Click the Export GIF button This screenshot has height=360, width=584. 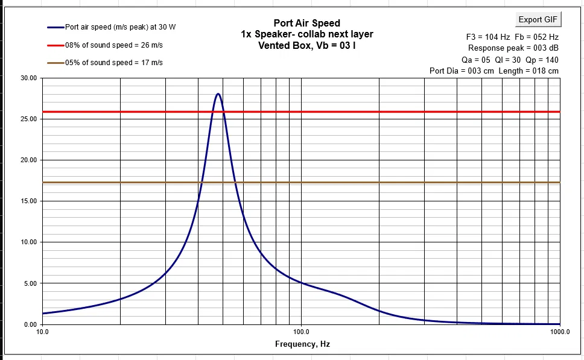tap(538, 19)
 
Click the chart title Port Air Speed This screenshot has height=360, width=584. tap(306, 24)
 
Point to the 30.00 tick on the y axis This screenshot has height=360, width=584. tap(28, 78)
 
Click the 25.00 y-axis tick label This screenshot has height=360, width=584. tap(28, 119)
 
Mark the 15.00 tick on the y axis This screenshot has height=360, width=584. tap(28, 201)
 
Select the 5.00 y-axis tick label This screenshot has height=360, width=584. tap(30, 283)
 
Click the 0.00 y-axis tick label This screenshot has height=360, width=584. tap(30, 324)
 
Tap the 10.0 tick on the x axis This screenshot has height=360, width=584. tap(42, 332)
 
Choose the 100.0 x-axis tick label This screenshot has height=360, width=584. tap(301, 332)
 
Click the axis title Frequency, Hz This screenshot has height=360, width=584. tap(302, 344)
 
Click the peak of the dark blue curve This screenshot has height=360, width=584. tap(218, 94)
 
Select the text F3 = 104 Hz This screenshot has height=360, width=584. tap(488, 36)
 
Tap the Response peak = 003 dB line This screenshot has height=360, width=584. tap(513, 48)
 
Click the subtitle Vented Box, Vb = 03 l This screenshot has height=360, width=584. tap(306, 45)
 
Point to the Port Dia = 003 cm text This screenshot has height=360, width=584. tap(462, 71)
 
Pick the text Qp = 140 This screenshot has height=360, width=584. tap(542, 59)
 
